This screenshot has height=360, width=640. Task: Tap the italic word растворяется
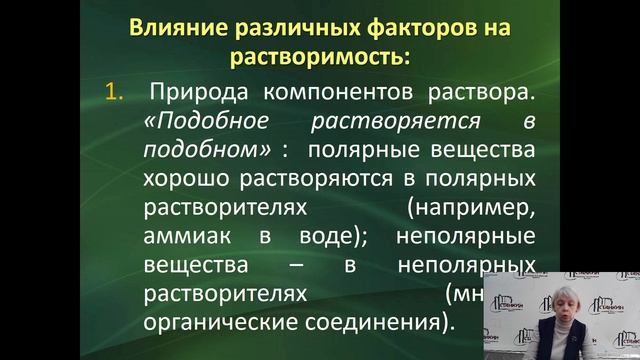click(391, 122)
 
